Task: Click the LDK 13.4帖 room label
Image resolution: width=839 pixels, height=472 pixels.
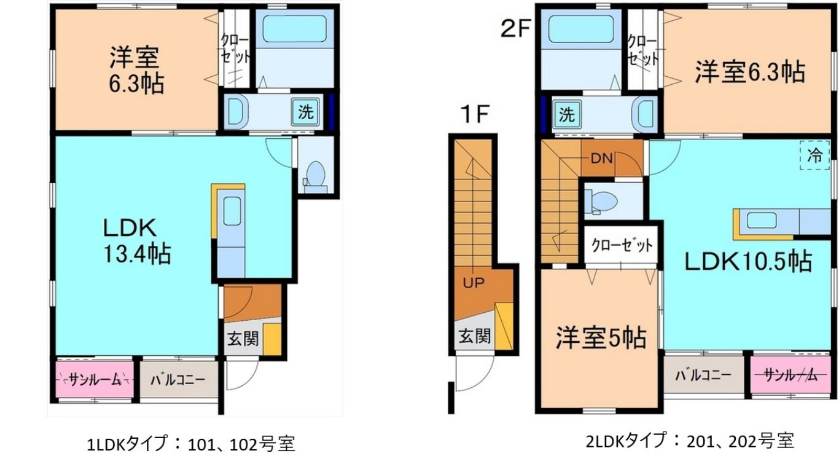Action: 137,242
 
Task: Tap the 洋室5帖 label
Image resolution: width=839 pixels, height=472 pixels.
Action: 601,337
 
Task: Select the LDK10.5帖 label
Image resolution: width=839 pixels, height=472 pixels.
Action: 748,261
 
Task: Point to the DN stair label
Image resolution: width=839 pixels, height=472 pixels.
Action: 601,159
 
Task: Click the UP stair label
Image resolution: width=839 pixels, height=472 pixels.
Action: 474,283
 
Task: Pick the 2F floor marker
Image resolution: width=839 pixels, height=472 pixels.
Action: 516,29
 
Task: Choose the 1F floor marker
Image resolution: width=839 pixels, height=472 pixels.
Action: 475,114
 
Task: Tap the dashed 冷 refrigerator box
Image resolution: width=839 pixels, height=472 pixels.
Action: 814,155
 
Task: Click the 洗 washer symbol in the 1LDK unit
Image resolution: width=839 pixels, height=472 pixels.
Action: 306,112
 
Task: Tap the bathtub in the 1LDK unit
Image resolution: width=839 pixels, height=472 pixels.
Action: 294,28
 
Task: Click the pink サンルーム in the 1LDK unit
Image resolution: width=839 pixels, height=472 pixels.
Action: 95,380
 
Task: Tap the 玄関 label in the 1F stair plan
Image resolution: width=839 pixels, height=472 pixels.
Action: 475,336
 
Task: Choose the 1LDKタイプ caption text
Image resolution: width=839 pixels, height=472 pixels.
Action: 127,444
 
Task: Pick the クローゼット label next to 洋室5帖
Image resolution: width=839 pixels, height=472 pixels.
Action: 622,246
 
